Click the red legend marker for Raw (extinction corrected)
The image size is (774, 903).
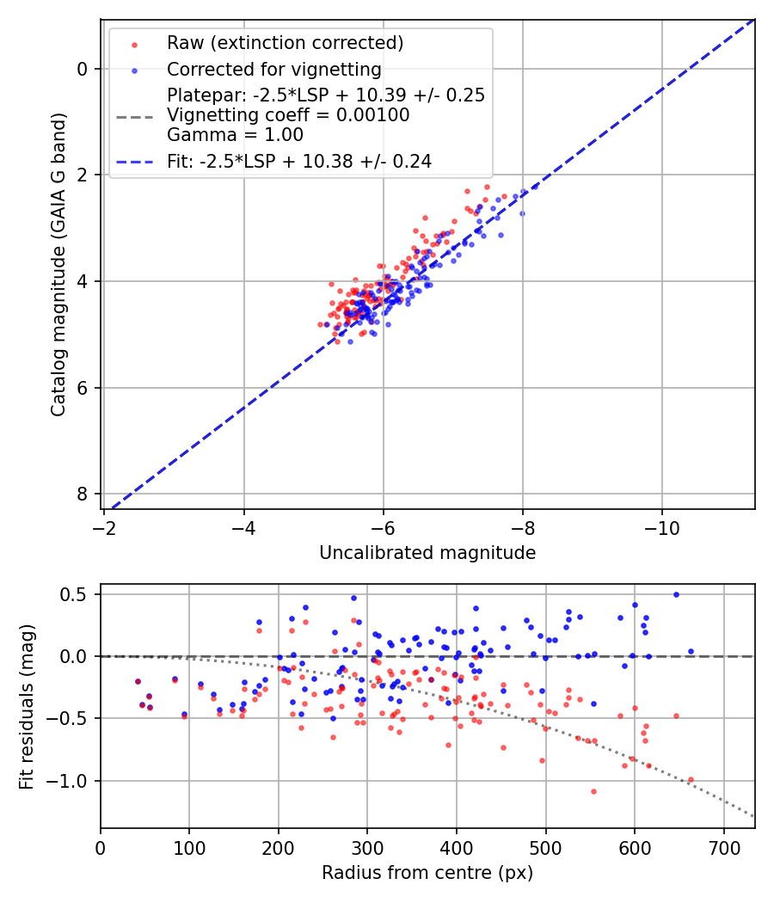[x=134, y=44]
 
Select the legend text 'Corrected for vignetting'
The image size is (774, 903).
[x=274, y=69]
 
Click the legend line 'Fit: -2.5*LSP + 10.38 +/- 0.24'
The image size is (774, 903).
[x=134, y=161]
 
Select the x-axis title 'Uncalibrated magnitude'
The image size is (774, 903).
[x=427, y=553]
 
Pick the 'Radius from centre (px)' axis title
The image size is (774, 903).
[x=427, y=873]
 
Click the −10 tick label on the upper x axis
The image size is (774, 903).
[x=661, y=524]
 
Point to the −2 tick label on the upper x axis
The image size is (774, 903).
[x=105, y=524]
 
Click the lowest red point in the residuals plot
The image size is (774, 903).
[x=593, y=791]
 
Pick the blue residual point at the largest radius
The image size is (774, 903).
[x=691, y=651]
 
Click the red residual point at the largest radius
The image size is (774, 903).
[x=691, y=780]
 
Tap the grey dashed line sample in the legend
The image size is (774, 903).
[x=134, y=114]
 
